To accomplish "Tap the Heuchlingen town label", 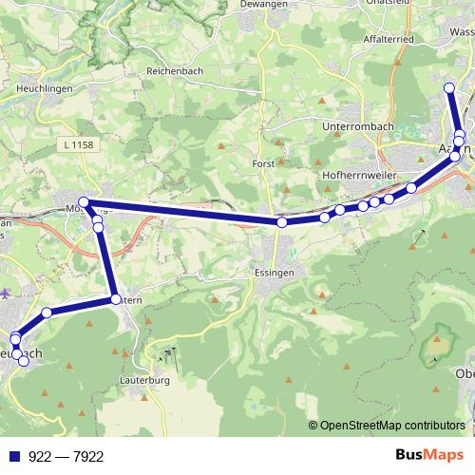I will (x=44, y=87).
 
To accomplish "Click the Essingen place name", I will (x=275, y=272).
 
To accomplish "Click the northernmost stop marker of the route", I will (x=450, y=89).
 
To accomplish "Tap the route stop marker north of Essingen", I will (x=282, y=222).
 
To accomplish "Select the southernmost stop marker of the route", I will (x=24, y=360).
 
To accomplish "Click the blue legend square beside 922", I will (x=10, y=456).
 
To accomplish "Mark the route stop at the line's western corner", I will (x=84, y=201).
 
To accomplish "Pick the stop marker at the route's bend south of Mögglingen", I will (x=116, y=299).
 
